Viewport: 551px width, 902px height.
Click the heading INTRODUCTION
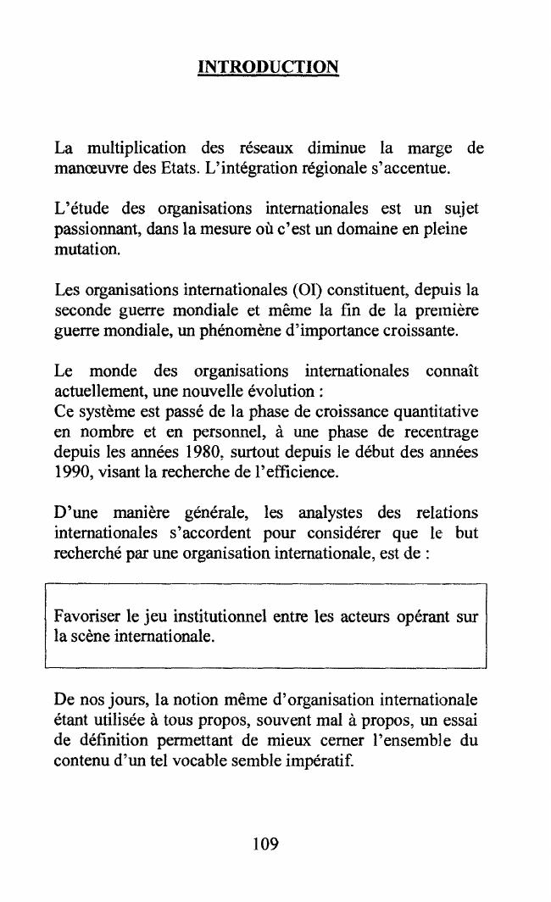pos(268,66)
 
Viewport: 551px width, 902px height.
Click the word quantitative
pos(434,412)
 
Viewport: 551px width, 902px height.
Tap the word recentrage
pos(437,433)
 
